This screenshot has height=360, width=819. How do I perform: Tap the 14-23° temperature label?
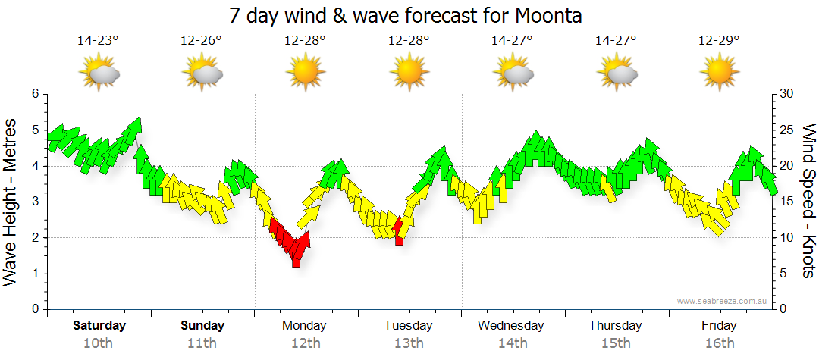(x=98, y=41)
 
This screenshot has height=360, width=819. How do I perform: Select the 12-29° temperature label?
(x=719, y=41)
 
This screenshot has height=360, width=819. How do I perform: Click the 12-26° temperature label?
(x=201, y=41)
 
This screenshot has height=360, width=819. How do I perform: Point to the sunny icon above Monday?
(x=305, y=73)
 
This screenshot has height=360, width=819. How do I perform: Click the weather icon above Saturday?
(x=99, y=74)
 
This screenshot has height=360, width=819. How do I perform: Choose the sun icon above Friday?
(x=719, y=73)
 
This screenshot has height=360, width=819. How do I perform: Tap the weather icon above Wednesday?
(x=513, y=74)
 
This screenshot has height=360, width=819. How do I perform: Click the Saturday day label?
(x=99, y=326)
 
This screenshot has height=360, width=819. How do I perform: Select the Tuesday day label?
(x=408, y=326)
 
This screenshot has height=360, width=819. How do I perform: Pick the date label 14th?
(x=512, y=343)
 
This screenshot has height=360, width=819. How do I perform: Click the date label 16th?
(x=719, y=343)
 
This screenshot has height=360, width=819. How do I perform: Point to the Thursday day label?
(x=615, y=326)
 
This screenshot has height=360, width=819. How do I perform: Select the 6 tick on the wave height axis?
(x=34, y=94)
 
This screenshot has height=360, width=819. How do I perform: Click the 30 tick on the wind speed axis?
(x=787, y=94)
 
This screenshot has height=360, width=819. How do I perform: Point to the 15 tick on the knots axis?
(x=787, y=202)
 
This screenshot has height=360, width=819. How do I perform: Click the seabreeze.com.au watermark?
(x=723, y=301)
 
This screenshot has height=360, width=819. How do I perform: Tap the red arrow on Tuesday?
(x=399, y=230)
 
